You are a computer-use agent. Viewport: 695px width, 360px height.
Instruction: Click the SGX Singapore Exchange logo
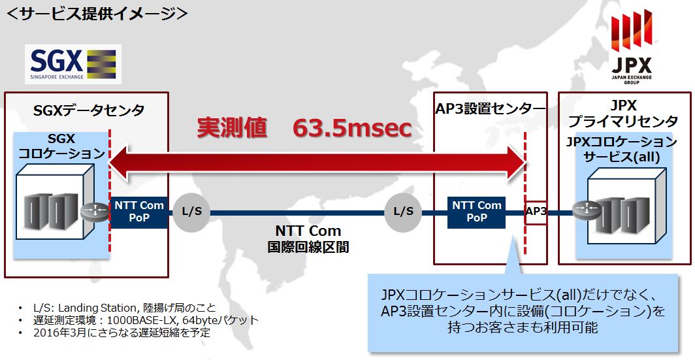coord(73,64)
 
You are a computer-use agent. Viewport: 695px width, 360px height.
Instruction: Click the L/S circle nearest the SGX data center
coord(191,212)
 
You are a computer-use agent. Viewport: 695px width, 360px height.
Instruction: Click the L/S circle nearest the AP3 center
coord(403,212)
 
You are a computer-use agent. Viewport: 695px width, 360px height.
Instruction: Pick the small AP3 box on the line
coord(536,213)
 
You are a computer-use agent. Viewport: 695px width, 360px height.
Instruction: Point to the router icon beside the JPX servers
coord(587,210)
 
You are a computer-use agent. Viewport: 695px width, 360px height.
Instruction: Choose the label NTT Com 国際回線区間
coord(308,238)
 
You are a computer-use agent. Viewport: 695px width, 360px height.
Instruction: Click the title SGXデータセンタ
coord(89,110)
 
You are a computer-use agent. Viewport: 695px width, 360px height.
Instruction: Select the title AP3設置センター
coord(491,108)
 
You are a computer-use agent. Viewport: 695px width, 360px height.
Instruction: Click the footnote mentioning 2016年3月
coord(122,333)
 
